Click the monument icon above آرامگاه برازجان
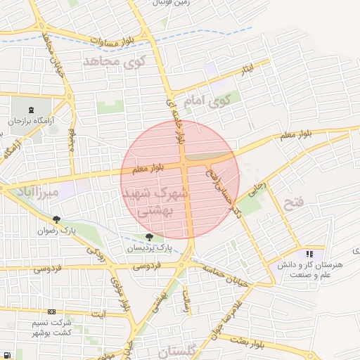tap(31, 110)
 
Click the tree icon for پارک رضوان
tap(56, 219)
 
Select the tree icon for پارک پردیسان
tap(148, 237)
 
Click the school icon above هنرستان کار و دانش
tap(309, 254)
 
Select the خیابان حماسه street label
tap(226, 275)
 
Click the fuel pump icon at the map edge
tap(6, 355)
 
